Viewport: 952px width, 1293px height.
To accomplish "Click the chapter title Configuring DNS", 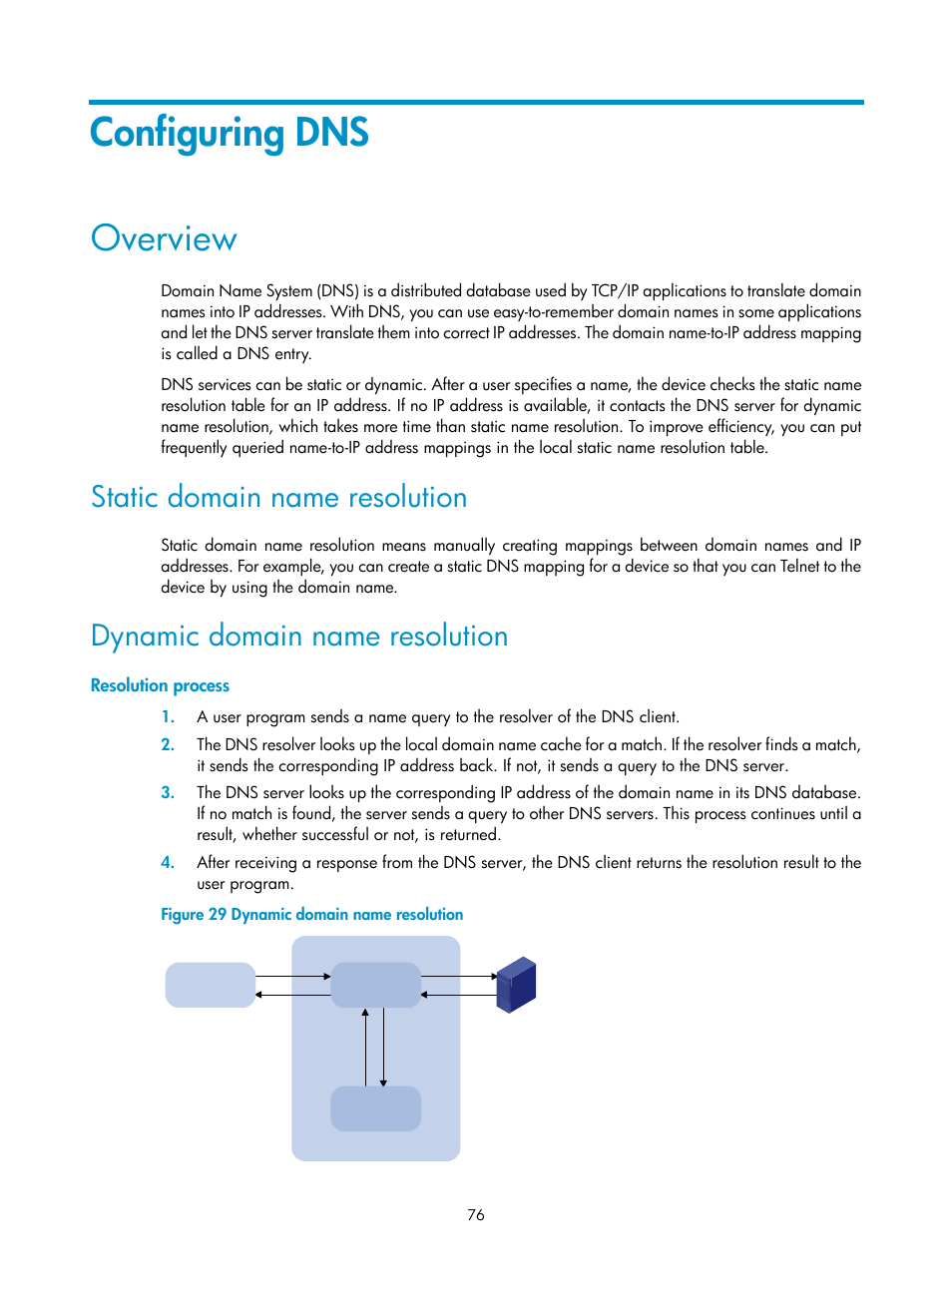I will [230, 134].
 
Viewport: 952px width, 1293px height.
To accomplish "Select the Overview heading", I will [164, 239].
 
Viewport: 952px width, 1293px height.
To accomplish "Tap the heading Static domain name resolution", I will [278, 497].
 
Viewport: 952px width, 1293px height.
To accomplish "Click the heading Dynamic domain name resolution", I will [299, 636].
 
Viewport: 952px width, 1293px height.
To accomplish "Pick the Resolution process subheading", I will [160, 685].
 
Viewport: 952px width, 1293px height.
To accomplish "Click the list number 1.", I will [168, 716].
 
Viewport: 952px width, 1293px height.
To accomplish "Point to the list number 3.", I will [168, 792].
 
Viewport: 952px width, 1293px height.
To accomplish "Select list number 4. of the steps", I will [168, 862].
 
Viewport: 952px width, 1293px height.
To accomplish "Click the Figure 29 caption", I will [311, 914].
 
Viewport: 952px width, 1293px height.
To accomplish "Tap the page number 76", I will [476, 1214].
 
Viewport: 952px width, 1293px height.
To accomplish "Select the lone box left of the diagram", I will [210, 985].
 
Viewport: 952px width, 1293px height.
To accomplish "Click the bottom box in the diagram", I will [375, 1108].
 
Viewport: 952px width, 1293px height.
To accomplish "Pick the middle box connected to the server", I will [375, 985].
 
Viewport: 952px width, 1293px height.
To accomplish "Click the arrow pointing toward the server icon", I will [459, 976].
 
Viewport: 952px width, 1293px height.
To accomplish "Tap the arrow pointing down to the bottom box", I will [383, 1048].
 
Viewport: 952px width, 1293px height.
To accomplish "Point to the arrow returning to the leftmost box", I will [292, 995].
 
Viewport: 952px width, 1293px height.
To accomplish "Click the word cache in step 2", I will [560, 744].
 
